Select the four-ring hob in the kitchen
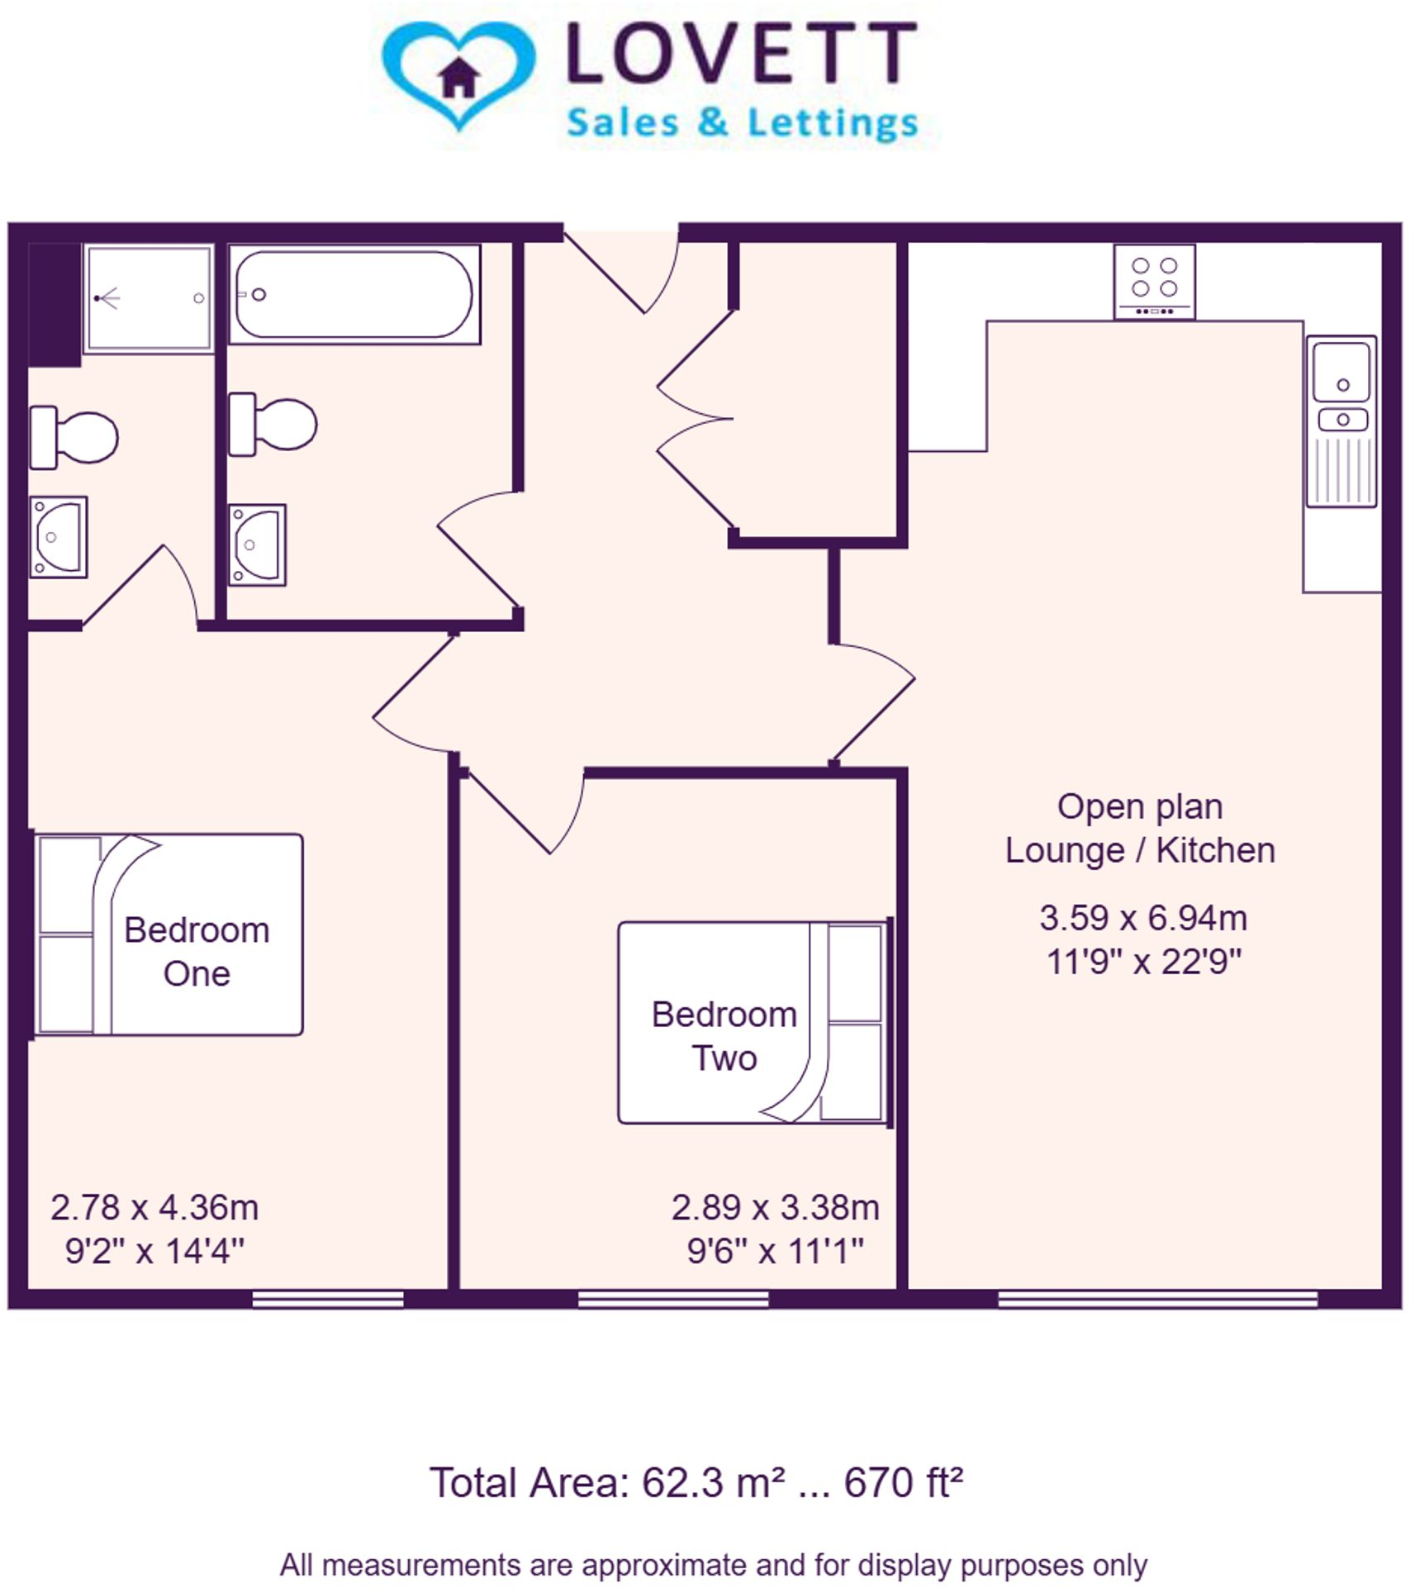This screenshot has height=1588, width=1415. [x=1154, y=282]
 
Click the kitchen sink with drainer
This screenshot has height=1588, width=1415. [x=1341, y=421]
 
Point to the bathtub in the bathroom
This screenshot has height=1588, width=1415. [x=354, y=294]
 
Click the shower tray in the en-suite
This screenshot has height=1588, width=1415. [x=149, y=298]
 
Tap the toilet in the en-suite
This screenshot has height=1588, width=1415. [x=74, y=437]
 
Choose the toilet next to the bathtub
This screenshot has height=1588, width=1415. [x=273, y=425]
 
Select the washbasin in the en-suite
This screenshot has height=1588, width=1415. [x=58, y=537]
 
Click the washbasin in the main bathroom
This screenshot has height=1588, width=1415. [x=257, y=544]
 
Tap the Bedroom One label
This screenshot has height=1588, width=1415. [x=197, y=951]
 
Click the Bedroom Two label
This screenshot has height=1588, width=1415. [x=724, y=1035]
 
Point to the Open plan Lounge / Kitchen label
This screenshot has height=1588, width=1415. [x=1139, y=828]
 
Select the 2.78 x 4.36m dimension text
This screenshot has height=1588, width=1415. [x=154, y=1207]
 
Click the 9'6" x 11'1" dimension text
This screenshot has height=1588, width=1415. [x=775, y=1251]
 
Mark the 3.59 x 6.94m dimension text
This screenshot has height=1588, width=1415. [x=1142, y=917]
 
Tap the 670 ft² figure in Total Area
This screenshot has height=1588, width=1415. [x=902, y=1481]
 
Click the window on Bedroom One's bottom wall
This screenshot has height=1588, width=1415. [x=328, y=1299]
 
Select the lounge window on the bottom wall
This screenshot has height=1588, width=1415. [x=1156, y=1299]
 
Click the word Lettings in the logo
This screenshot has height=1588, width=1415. [x=833, y=123]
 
